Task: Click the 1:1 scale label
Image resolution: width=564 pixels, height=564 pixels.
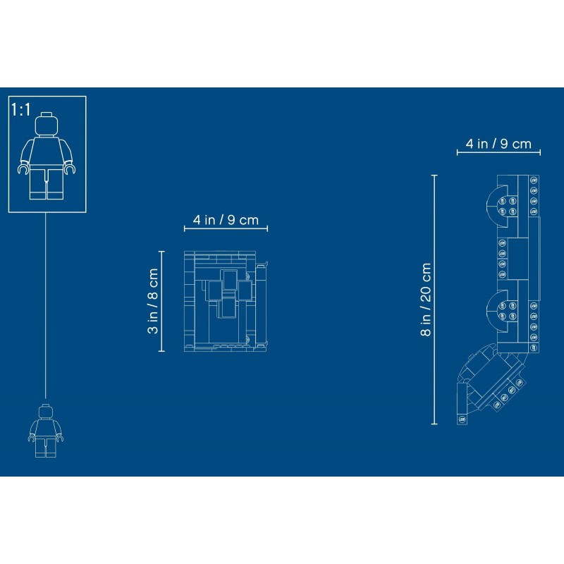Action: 21,110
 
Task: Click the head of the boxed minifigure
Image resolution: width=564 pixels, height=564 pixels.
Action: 47,125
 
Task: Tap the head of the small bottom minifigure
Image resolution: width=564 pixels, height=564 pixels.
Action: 46,411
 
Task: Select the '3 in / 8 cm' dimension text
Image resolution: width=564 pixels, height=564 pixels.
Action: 153,301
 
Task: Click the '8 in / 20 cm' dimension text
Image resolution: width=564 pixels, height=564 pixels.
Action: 426,300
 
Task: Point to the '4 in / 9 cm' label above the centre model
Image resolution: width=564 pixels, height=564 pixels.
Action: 226,220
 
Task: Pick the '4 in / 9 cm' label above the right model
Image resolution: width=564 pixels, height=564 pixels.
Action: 498,144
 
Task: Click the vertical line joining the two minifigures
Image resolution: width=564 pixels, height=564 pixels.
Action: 46,305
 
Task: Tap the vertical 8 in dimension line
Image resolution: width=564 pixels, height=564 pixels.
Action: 434,300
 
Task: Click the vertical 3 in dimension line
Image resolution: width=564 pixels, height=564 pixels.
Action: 161,301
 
